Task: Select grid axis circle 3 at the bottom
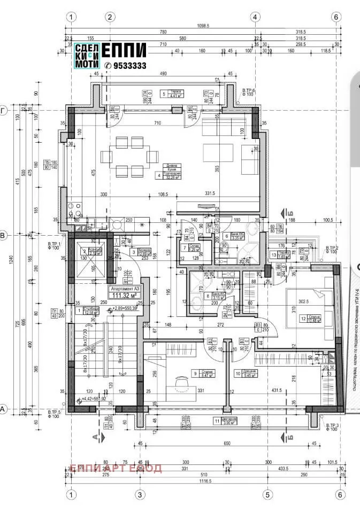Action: (140, 494)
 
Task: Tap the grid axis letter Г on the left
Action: (4, 110)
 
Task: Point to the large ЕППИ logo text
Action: (124, 51)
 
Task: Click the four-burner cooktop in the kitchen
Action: (75, 208)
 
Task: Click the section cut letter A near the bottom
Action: (96, 437)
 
